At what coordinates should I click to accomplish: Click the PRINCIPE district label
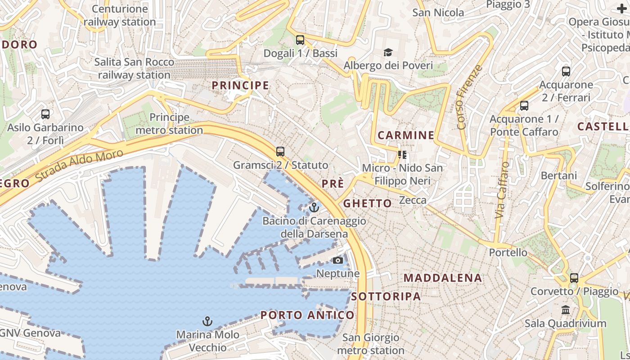click(240, 85)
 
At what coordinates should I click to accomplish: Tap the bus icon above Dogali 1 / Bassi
click(300, 40)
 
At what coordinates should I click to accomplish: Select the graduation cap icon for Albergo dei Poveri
click(388, 53)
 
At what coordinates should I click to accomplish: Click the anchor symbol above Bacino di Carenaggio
click(314, 207)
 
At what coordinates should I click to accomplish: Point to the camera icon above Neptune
click(337, 260)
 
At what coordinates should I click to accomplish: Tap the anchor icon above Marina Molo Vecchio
click(207, 321)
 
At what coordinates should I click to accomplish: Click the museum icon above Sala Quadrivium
click(566, 310)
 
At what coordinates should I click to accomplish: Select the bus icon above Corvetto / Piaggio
click(574, 278)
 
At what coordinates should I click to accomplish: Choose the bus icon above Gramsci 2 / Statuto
click(280, 152)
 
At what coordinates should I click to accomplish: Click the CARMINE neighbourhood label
click(406, 135)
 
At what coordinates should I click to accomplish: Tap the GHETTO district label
click(368, 203)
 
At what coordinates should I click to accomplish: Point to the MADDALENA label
click(443, 278)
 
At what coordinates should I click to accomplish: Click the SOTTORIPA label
click(386, 296)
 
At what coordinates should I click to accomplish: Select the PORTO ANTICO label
click(307, 315)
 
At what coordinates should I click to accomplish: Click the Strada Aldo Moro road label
click(79, 165)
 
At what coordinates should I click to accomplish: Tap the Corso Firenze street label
click(469, 97)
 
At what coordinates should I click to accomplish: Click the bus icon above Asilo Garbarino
click(45, 114)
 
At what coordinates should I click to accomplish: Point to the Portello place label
click(508, 252)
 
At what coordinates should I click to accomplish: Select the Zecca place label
click(413, 200)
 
